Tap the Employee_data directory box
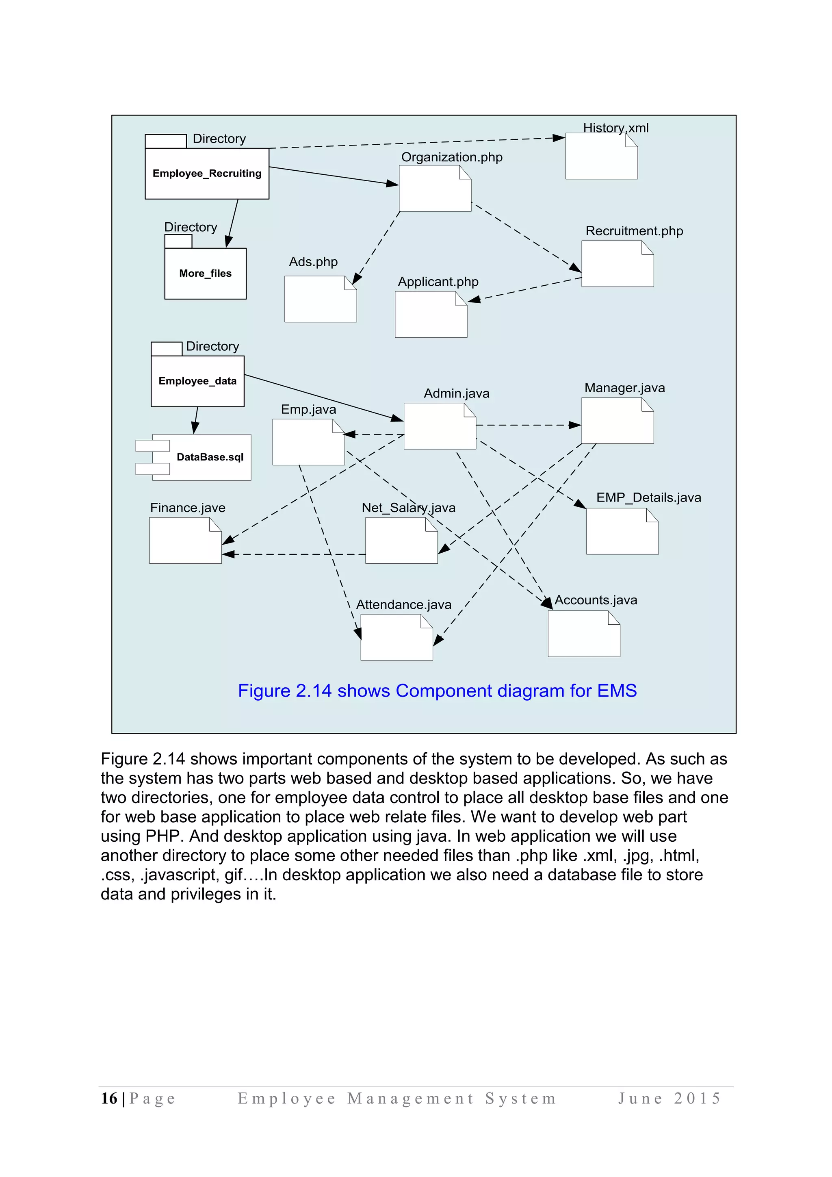[x=197, y=381]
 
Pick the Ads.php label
[x=313, y=262]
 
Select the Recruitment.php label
[x=634, y=231]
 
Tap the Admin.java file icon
[x=439, y=426]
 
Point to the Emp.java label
[x=308, y=409]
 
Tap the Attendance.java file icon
[x=396, y=637]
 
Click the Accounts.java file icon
[x=583, y=634]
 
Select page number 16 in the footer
[x=108, y=1098]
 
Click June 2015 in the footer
[x=669, y=1098]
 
